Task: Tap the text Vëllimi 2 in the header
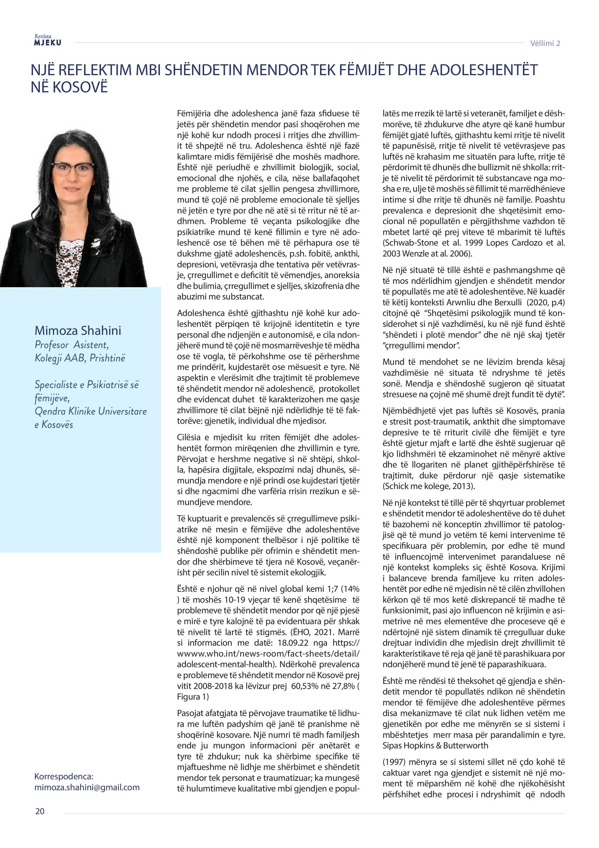tap(545, 44)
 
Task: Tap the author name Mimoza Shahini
tap(78, 330)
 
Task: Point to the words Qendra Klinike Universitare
tap(90, 411)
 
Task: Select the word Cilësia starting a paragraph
tap(189, 437)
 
